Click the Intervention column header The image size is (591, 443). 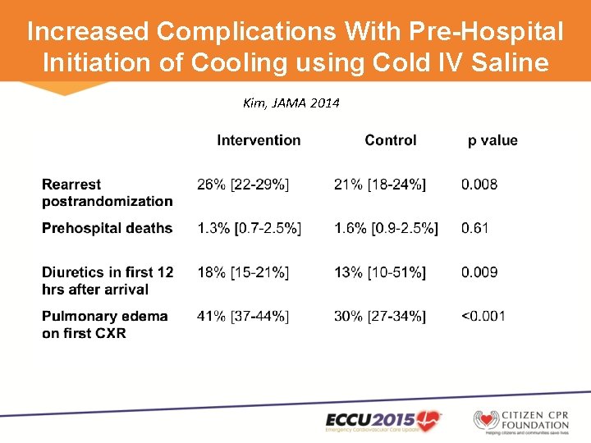click(259, 140)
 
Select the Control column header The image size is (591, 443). click(390, 140)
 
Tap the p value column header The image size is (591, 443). click(492, 140)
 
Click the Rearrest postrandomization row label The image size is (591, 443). click(107, 193)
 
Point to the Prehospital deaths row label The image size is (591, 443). click(107, 228)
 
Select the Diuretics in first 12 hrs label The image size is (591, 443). click(108, 281)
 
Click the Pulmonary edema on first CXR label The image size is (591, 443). click(104, 324)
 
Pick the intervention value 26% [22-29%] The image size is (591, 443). click(243, 185)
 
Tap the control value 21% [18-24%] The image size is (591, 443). click(380, 185)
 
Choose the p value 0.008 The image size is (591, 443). click(479, 185)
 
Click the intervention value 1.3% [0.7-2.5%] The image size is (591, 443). click(249, 228)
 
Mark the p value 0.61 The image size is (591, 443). click(474, 228)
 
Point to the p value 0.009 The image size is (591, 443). click(479, 272)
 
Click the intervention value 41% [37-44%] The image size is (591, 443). click(243, 316)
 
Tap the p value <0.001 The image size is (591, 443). click(483, 316)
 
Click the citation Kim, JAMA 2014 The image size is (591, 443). click(291, 103)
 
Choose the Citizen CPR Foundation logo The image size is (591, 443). click(521, 420)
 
